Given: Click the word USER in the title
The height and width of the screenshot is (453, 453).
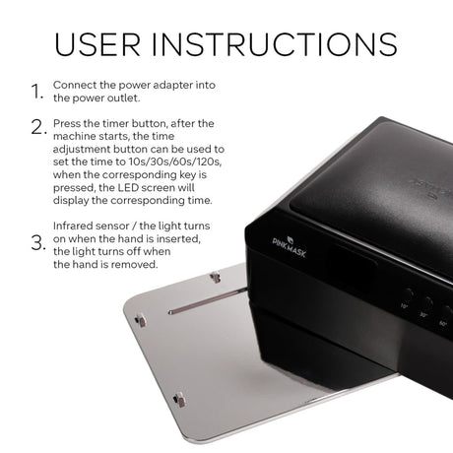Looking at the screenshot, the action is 97,44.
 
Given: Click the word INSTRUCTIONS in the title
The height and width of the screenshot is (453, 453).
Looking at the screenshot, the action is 275,44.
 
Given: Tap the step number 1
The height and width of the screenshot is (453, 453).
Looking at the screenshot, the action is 36,92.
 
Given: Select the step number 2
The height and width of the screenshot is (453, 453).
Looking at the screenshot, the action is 38,127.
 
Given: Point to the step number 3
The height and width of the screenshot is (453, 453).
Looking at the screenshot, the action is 38,243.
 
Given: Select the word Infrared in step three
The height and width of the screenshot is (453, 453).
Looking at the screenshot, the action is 74,226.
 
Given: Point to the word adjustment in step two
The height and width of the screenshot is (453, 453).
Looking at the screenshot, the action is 82,150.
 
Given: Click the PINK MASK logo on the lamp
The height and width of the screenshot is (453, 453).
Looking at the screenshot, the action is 290,246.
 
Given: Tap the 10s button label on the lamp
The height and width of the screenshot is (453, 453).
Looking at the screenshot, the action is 405,306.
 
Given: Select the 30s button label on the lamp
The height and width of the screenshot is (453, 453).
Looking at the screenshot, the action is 423,315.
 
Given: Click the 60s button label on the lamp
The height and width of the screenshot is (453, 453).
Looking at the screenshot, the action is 443,323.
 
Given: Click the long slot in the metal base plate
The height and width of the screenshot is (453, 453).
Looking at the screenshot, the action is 208,300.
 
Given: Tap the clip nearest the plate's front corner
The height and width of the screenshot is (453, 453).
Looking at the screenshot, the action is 179,400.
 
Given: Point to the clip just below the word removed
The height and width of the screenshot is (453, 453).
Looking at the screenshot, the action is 216,278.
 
